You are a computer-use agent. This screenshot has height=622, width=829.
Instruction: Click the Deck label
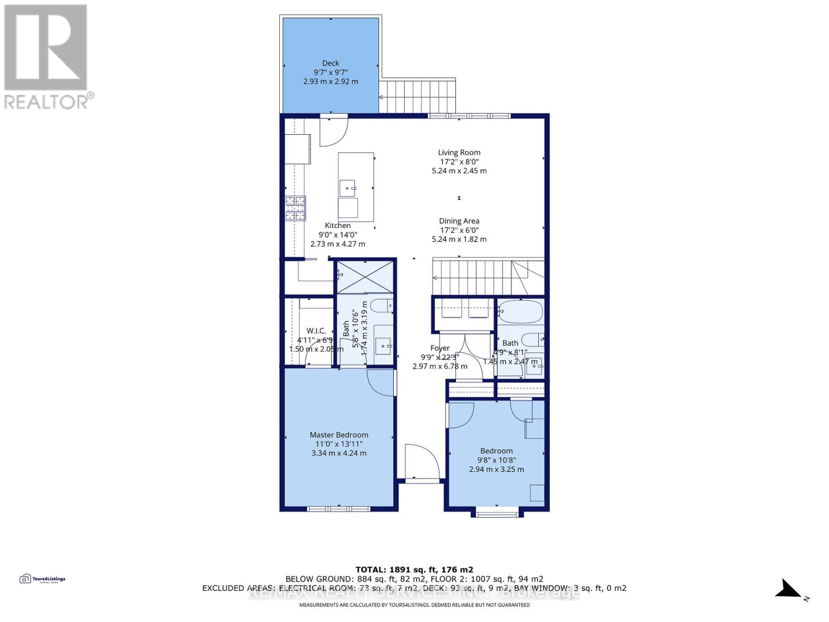pos(331,63)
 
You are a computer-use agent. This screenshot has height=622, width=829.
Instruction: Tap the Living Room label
pos(459,152)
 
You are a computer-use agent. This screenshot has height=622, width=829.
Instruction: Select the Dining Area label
pos(459,221)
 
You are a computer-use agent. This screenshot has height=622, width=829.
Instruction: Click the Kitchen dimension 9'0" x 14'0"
pos(338,235)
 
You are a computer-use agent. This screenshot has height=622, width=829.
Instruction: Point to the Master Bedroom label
pos(339,435)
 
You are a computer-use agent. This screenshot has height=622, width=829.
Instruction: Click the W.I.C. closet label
pos(316,331)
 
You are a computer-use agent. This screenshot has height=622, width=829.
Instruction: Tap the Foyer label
pos(440,348)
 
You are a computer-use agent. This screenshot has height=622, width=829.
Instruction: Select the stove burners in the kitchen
pos(295,208)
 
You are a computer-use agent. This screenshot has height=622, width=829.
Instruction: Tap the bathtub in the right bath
pos(521,312)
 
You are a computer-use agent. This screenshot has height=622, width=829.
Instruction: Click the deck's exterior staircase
pos(417,96)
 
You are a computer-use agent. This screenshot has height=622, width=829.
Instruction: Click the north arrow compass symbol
pos(790,589)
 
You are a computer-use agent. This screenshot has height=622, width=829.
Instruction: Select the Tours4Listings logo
pos(42,579)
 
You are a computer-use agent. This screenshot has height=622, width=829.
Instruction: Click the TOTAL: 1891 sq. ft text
pos(414,570)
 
